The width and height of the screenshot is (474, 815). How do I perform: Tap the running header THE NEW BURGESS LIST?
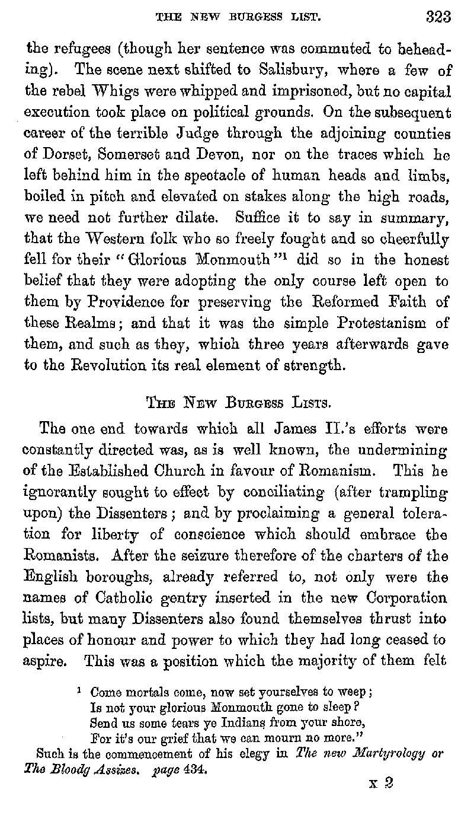[238, 18]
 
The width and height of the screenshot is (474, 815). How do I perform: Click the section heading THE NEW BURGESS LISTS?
[238, 405]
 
